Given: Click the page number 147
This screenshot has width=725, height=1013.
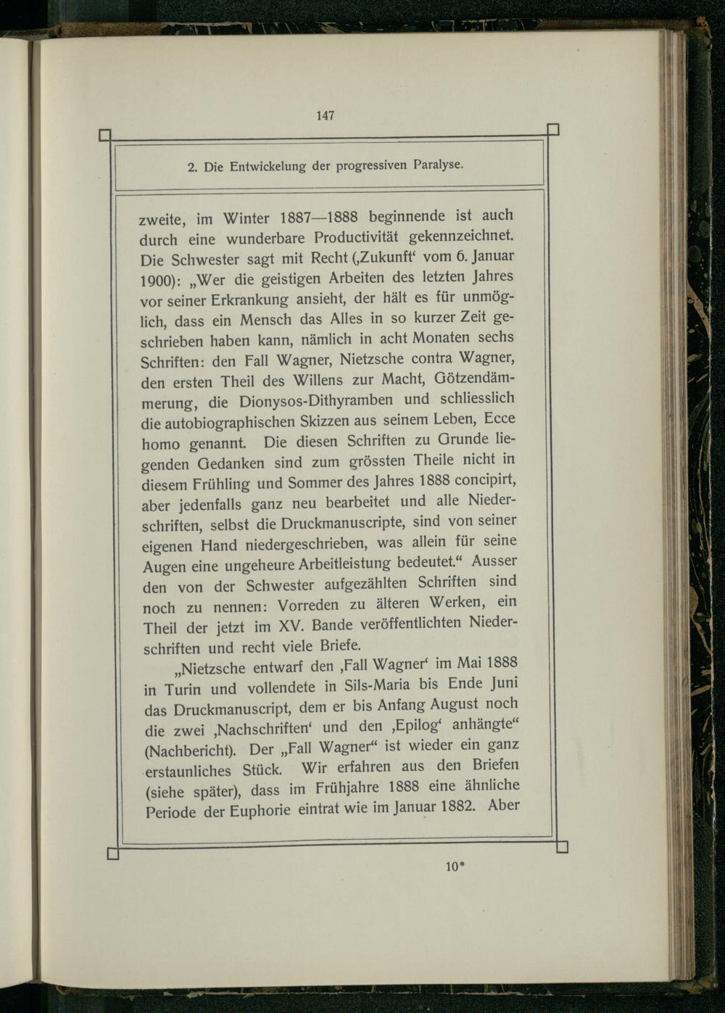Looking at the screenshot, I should [326, 115].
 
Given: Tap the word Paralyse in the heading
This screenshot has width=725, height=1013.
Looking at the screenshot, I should [438, 164].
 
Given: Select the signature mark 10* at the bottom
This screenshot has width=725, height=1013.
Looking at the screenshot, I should [455, 866].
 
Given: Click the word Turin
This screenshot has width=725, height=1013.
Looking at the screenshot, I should [182, 689].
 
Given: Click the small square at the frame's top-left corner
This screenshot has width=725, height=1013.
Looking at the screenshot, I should [104, 135].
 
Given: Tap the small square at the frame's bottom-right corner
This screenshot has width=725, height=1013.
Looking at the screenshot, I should [562, 847].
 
